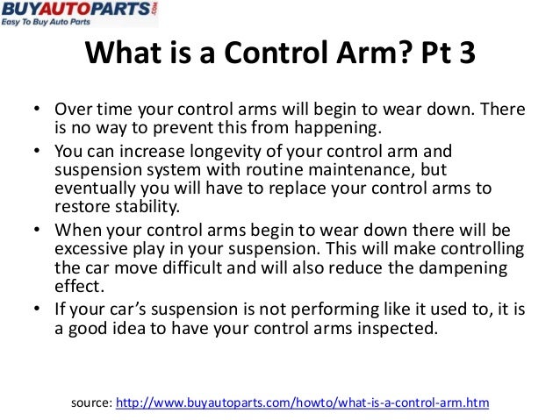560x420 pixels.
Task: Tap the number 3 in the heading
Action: (465, 55)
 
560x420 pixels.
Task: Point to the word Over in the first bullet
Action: (73, 112)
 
